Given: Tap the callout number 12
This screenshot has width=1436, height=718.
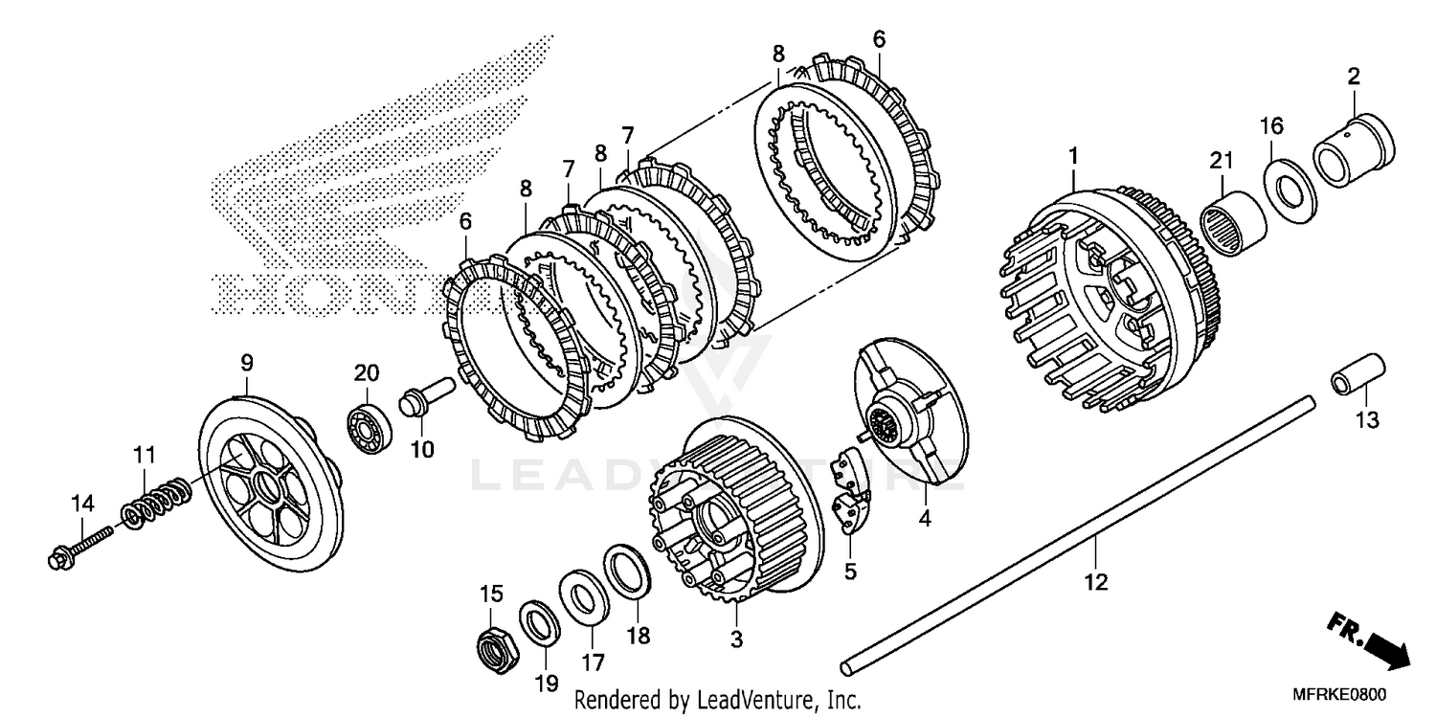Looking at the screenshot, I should (x=1096, y=581).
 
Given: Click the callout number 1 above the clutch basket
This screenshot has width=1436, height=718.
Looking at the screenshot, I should (x=1074, y=154).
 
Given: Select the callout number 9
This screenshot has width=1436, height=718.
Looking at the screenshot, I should (x=247, y=363).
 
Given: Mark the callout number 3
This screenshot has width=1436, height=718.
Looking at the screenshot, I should (x=736, y=639).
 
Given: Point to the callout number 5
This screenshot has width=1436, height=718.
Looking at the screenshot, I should (x=850, y=572).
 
